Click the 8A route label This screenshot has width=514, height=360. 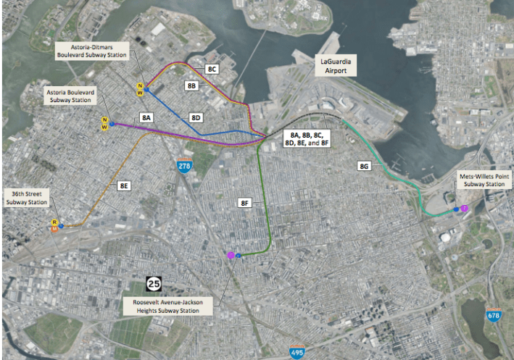point(147,117)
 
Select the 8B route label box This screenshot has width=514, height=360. point(192,85)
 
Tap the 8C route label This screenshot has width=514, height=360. point(212,69)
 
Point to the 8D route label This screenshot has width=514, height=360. point(196,117)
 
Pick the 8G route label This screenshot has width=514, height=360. point(365,167)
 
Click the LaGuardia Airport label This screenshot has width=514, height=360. point(340,67)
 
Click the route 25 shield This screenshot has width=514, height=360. point(154,283)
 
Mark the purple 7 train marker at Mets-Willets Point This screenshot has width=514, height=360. point(464,209)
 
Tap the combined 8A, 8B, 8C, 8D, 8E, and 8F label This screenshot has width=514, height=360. point(305,139)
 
